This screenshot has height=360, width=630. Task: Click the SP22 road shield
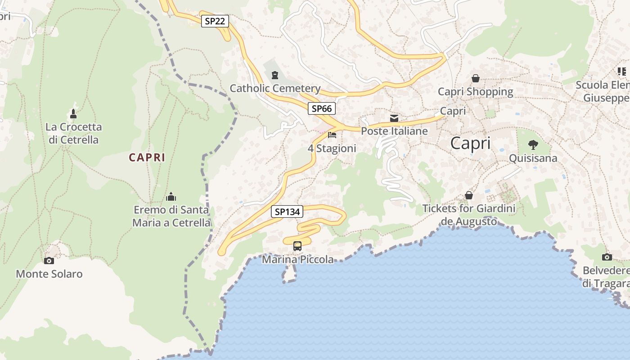[215, 21]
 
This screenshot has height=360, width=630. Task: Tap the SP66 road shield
[322, 108]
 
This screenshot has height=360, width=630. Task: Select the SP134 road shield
[287, 211]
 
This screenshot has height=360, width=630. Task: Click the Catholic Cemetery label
[275, 88]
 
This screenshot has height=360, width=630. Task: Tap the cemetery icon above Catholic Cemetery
[275, 75]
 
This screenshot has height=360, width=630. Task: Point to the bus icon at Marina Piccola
[297, 246]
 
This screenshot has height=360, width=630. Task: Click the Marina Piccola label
[298, 260]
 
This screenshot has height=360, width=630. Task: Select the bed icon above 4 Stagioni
[332, 135]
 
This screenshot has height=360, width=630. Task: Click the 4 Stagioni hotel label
[332, 148]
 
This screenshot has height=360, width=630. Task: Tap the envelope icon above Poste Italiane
[394, 118]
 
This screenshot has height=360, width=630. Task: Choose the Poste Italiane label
[394, 131]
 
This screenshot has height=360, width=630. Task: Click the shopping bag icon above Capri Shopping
[475, 78]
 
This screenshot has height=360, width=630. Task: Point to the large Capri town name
[470, 144]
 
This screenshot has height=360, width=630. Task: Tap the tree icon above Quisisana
[533, 145]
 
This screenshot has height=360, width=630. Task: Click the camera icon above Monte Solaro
[49, 261]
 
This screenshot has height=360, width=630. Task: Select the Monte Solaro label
[49, 274]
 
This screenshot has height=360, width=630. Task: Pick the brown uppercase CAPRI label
[147, 157]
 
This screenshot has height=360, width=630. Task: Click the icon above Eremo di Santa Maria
[171, 197]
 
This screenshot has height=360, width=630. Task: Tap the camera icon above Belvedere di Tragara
[607, 257]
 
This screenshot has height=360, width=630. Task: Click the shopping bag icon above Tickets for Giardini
[469, 195]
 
